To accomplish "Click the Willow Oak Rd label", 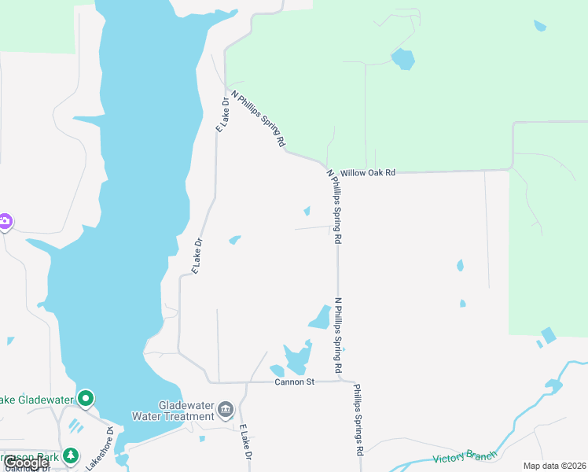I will [x=368, y=172].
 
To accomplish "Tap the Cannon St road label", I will [x=295, y=382].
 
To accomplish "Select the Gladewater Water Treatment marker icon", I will [x=226, y=409].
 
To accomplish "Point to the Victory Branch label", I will [x=465, y=457].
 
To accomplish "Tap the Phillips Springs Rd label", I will [x=358, y=420].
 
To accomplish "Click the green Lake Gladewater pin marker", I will [x=86, y=399].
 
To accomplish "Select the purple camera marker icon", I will [x=5, y=221].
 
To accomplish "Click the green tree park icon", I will [x=71, y=455].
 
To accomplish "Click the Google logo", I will [x=26, y=463].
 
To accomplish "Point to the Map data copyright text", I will [x=555, y=466].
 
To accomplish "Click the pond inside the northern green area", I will [x=402, y=58].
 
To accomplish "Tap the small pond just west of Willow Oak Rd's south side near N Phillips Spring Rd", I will [x=307, y=211].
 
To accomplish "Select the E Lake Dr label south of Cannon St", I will [x=245, y=444].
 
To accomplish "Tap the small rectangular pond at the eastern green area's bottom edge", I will [x=548, y=335].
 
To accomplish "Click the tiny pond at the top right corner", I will [x=539, y=25].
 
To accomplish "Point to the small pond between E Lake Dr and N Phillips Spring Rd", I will [x=234, y=240].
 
